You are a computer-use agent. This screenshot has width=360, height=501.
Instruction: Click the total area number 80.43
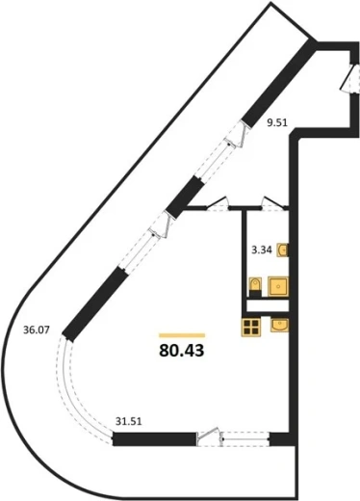pyautogui.click(x=181, y=351)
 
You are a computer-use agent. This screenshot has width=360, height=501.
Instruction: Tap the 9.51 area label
pyautogui.click(x=277, y=122)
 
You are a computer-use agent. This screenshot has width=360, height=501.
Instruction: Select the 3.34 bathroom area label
pyautogui.click(x=262, y=250)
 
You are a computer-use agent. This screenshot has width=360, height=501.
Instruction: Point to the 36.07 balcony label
pyautogui.click(x=37, y=330)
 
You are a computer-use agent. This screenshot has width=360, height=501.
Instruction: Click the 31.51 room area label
pyautogui.click(x=128, y=421)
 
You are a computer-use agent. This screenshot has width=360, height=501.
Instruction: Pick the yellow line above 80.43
pyautogui.click(x=182, y=335)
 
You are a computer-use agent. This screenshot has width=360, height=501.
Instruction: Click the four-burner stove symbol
pyautogui.click(x=251, y=328)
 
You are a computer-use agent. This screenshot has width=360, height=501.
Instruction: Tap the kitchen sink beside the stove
pyautogui.click(x=279, y=325)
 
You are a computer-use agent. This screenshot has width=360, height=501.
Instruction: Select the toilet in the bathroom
pyautogui.click(x=255, y=287)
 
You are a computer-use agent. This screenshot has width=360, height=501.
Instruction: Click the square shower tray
pyautogui.click(x=278, y=286)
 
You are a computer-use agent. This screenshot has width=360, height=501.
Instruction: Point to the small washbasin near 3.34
pyautogui.click(x=283, y=250)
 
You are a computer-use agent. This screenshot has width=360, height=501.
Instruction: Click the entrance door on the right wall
pyautogui.click(x=349, y=78)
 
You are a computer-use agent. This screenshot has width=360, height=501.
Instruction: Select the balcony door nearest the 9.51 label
pyautogui.click(x=236, y=135)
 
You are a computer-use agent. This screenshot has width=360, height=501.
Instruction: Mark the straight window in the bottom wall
pyautogui.click(x=246, y=439)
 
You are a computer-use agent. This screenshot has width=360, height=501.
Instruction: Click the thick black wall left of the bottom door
pyautogui.click(x=155, y=439)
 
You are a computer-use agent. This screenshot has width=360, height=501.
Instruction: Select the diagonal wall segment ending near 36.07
pyautogui.click(x=93, y=304)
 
